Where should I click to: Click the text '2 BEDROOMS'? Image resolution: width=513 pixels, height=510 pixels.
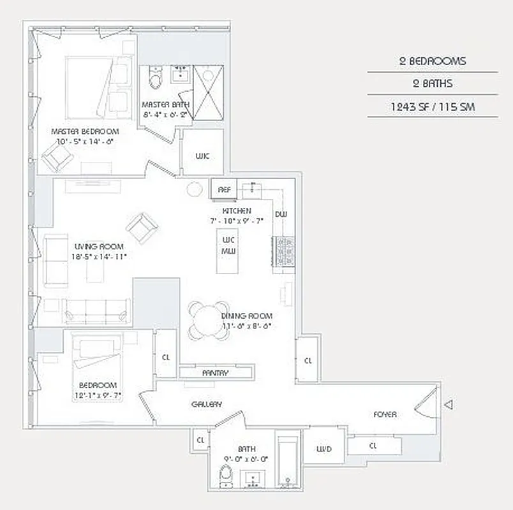tap(432, 61)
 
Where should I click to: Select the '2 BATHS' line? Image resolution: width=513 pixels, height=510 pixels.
tap(432, 84)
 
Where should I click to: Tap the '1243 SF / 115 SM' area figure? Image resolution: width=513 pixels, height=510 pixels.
tap(432, 106)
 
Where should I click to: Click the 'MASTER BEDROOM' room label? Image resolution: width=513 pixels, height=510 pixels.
tap(85, 131)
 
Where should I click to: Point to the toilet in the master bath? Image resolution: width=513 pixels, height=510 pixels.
tap(154, 79)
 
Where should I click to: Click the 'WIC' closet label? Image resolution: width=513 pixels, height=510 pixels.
tap(202, 156)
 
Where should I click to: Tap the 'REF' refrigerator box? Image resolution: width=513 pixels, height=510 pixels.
tap(224, 189)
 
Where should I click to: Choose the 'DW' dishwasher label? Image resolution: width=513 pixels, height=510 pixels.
tap(281, 214)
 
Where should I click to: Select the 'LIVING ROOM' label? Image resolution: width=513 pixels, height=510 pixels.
tap(98, 247)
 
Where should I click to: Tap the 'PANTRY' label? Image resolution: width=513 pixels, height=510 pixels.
tap(215, 372)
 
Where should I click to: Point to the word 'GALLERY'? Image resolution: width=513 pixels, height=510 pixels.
tap(207, 404)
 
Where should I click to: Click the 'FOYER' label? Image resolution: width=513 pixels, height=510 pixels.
tap(385, 414)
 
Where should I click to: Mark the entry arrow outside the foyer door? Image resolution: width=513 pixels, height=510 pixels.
tap(449, 405)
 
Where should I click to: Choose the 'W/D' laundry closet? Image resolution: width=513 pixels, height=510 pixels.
tap(324, 449)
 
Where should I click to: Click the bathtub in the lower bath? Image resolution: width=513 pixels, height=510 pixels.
tap(288, 461)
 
